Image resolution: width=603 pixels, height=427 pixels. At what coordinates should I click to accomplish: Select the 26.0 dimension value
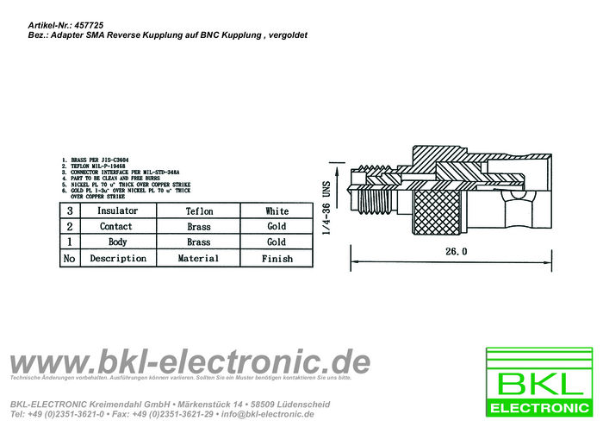[456, 252]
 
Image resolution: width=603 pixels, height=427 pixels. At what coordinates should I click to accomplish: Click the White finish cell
[277, 211]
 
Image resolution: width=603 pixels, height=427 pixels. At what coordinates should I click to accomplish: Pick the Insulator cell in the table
[118, 211]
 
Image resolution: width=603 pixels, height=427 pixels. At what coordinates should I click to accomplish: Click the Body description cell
[118, 242]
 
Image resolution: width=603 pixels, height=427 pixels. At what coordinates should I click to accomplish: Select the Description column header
[118, 258]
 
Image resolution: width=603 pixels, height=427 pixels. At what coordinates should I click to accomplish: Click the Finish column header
[277, 258]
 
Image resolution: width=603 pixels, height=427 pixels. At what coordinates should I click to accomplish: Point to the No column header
[69, 258]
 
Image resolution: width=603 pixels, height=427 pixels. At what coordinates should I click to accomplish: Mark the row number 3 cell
[69, 211]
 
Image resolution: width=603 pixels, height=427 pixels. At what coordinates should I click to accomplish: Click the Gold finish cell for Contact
[277, 227]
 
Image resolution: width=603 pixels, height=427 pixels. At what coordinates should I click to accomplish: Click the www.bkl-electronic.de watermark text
[190, 361]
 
